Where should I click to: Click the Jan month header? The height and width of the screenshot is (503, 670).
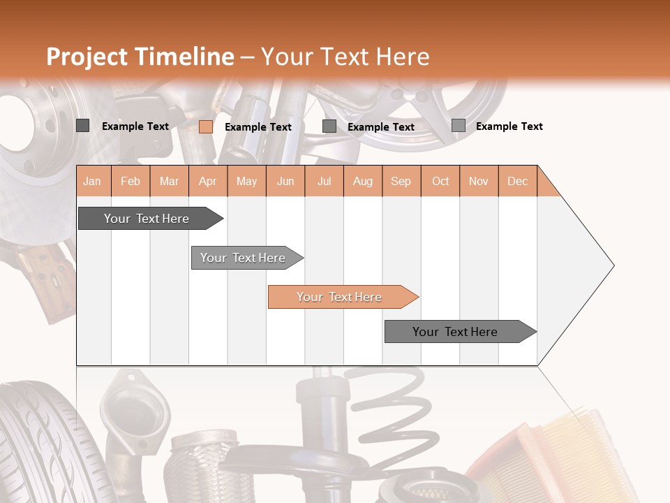[93, 181]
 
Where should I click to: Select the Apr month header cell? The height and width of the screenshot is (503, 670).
[208, 181]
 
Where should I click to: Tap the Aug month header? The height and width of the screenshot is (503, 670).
[363, 181]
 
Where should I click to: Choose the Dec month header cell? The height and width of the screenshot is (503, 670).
[518, 181]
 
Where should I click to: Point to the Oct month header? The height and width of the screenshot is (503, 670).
[440, 181]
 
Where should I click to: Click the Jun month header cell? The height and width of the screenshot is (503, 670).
[285, 181]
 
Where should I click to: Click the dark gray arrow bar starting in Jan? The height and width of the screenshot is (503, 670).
[147, 219]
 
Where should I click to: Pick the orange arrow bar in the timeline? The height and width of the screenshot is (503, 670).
[340, 297]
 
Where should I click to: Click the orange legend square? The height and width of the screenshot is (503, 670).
[206, 126]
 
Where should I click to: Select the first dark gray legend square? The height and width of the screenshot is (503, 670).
[82, 126]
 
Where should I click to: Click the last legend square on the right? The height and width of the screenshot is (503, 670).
[459, 126]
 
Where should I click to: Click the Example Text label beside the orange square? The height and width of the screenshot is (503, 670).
[258, 127]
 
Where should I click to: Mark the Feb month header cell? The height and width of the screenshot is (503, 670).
[131, 181]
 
